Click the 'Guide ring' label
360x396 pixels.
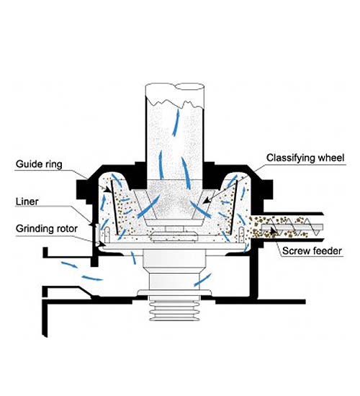(x=39, y=164)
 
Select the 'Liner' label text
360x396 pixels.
(x=27, y=202)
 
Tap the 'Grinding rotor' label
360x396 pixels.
(x=47, y=229)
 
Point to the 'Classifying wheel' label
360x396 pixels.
(x=305, y=158)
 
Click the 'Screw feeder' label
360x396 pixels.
(x=312, y=251)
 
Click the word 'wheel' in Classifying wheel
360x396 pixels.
(x=331, y=158)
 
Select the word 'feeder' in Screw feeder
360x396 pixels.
(x=327, y=251)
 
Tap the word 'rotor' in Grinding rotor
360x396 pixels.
(x=68, y=229)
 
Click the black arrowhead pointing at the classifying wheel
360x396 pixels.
(x=207, y=200)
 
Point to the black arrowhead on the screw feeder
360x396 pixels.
(x=272, y=230)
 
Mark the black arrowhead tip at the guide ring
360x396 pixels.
(x=110, y=192)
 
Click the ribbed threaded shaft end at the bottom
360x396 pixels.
(x=175, y=311)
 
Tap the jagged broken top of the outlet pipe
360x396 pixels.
(x=175, y=103)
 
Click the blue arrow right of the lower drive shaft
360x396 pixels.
(x=202, y=280)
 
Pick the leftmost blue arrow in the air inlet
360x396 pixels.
(x=69, y=265)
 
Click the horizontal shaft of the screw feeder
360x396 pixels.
(x=292, y=227)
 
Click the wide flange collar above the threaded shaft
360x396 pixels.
(x=174, y=292)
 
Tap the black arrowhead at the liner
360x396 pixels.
(x=90, y=224)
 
